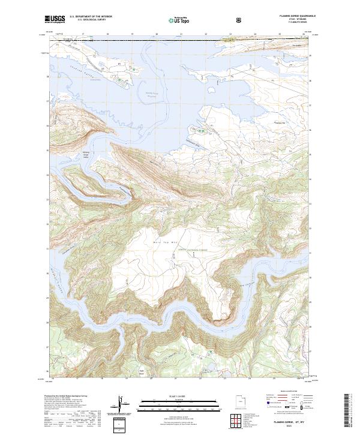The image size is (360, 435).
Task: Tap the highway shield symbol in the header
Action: coord(239,20)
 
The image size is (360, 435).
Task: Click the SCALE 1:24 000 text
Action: coord(171,394)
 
